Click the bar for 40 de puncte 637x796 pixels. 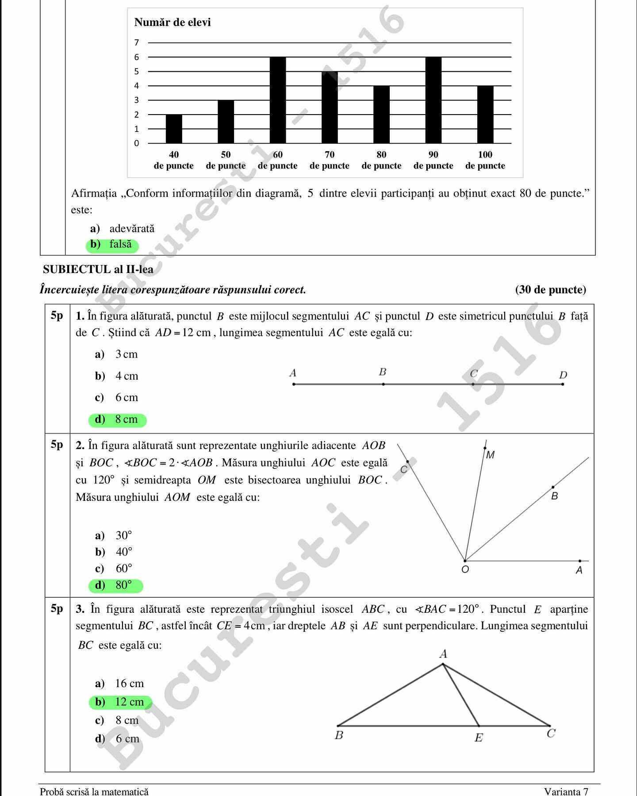point(174,129)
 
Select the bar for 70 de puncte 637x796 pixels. point(330,107)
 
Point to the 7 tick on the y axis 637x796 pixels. point(137,43)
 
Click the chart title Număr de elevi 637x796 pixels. point(173,22)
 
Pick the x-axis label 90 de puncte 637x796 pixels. point(433,160)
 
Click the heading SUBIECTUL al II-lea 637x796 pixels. point(98,269)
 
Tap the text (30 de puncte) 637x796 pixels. point(550,290)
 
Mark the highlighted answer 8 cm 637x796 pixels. point(117,419)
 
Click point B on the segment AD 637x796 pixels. point(383,384)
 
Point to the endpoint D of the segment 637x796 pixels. point(562,384)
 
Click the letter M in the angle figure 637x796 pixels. point(490,455)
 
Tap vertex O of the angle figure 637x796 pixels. point(465,561)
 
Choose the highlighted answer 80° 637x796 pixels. point(116,585)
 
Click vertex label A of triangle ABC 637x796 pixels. point(443,654)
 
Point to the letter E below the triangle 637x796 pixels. point(479,738)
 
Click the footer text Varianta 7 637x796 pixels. point(566,791)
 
